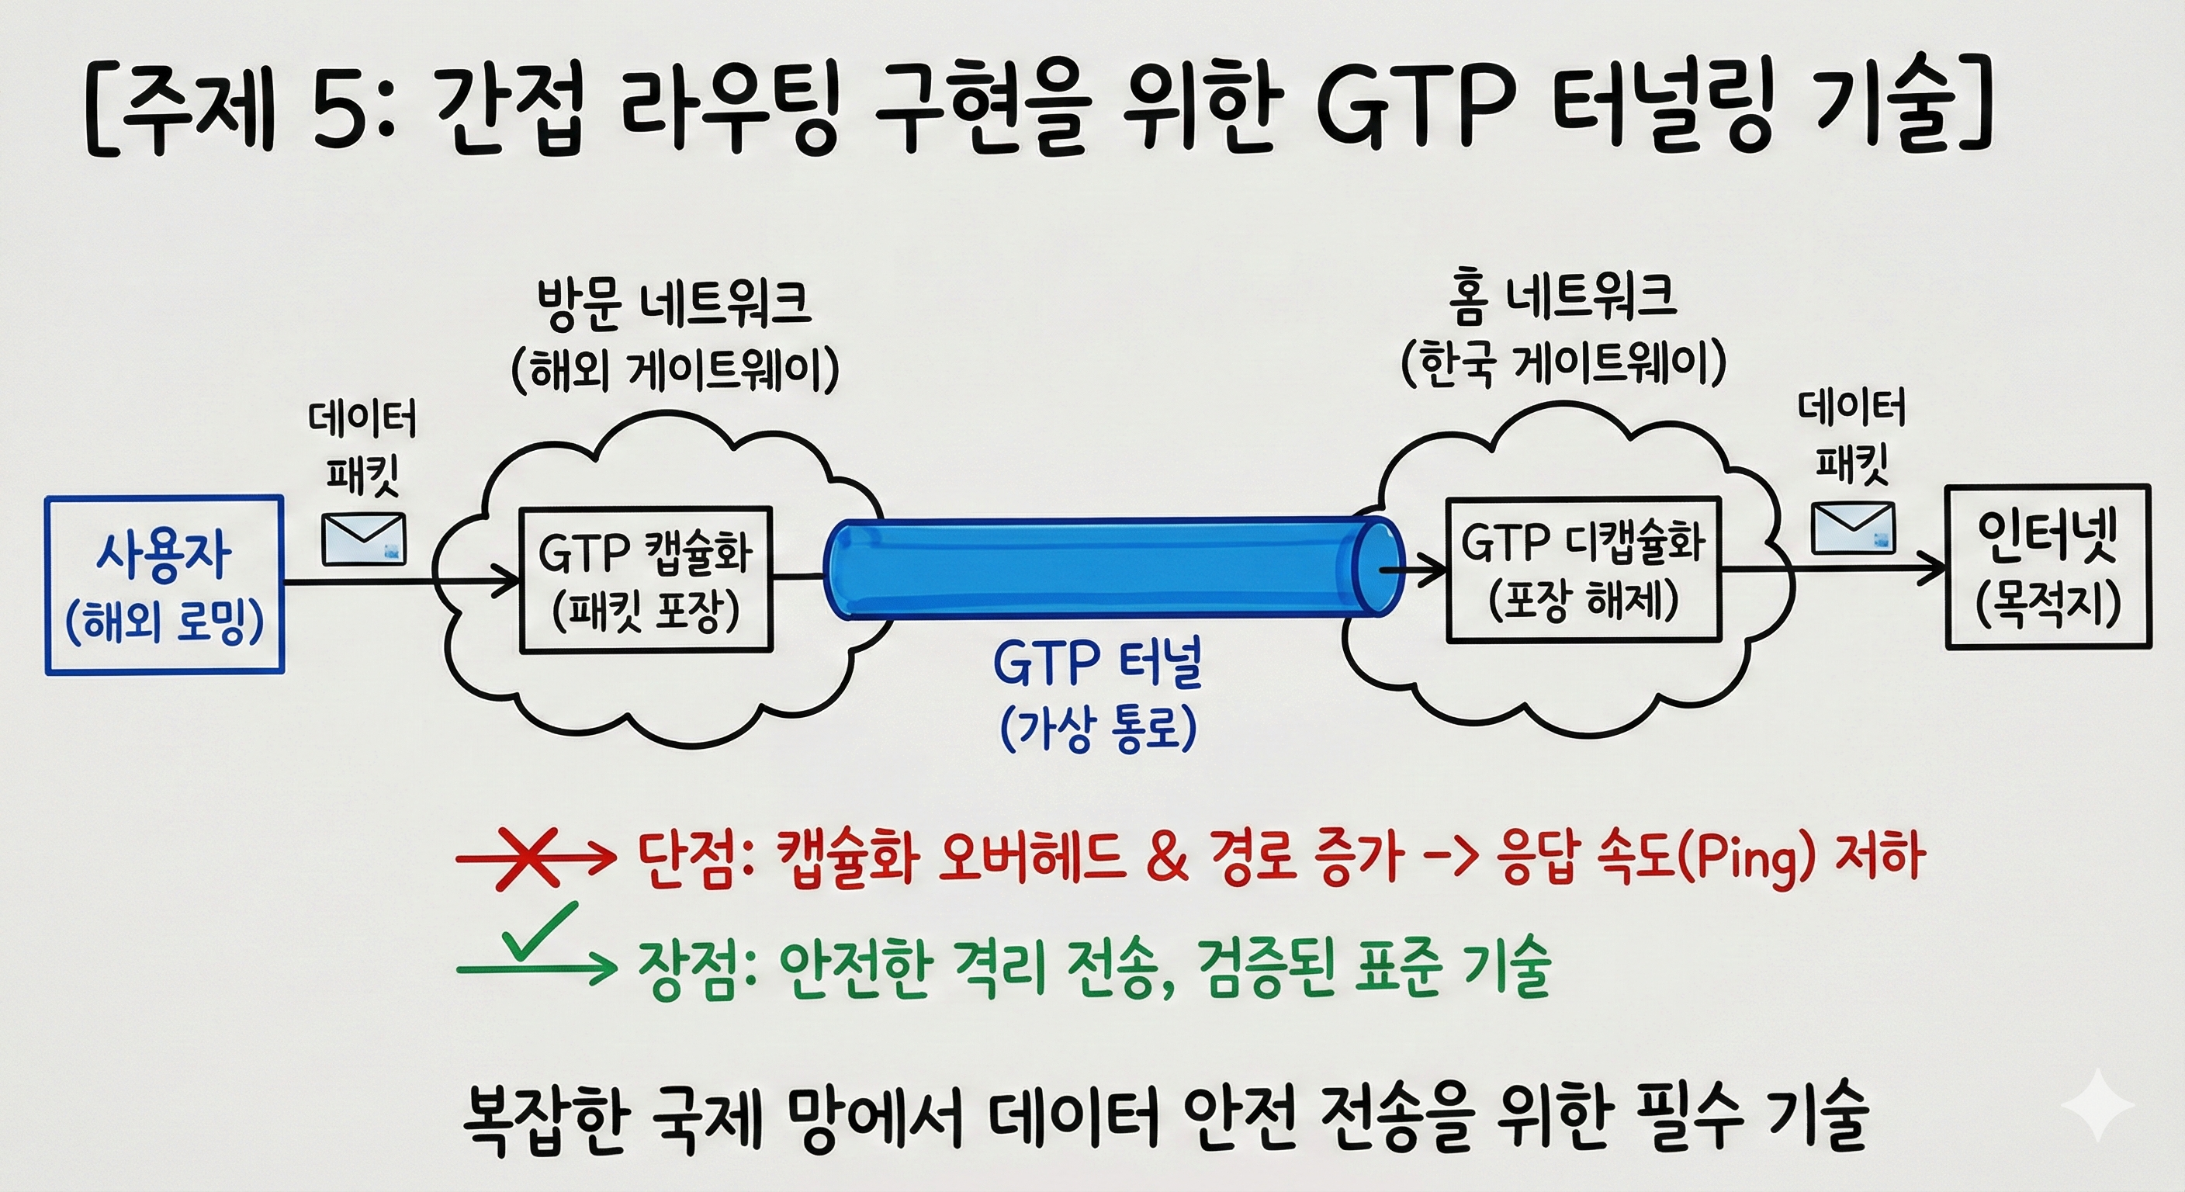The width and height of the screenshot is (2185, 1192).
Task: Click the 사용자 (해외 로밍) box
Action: click(x=164, y=585)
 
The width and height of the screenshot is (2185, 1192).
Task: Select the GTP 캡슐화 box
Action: click(x=646, y=580)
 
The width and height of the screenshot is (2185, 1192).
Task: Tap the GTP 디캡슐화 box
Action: click(x=1583, y=570)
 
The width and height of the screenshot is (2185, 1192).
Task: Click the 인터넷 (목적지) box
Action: click(x=2048, y=567)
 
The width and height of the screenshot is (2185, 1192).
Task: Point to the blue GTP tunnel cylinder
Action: click(x=1103, y=568)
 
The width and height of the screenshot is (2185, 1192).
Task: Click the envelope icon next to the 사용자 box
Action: click(x=364, y=539)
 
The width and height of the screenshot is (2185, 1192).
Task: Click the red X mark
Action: click(x=528, y=858)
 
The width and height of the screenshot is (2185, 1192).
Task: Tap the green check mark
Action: click(x=536, y=934)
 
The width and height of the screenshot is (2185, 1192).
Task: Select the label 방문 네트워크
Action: click(x=674, y=303)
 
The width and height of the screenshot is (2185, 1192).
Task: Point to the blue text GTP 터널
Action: click(x=1098, y=664)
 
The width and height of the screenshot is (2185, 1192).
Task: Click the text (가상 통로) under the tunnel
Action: click(x=1098, y=728)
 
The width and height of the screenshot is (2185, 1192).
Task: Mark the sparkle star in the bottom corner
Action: click(x=2097, y=1104)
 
